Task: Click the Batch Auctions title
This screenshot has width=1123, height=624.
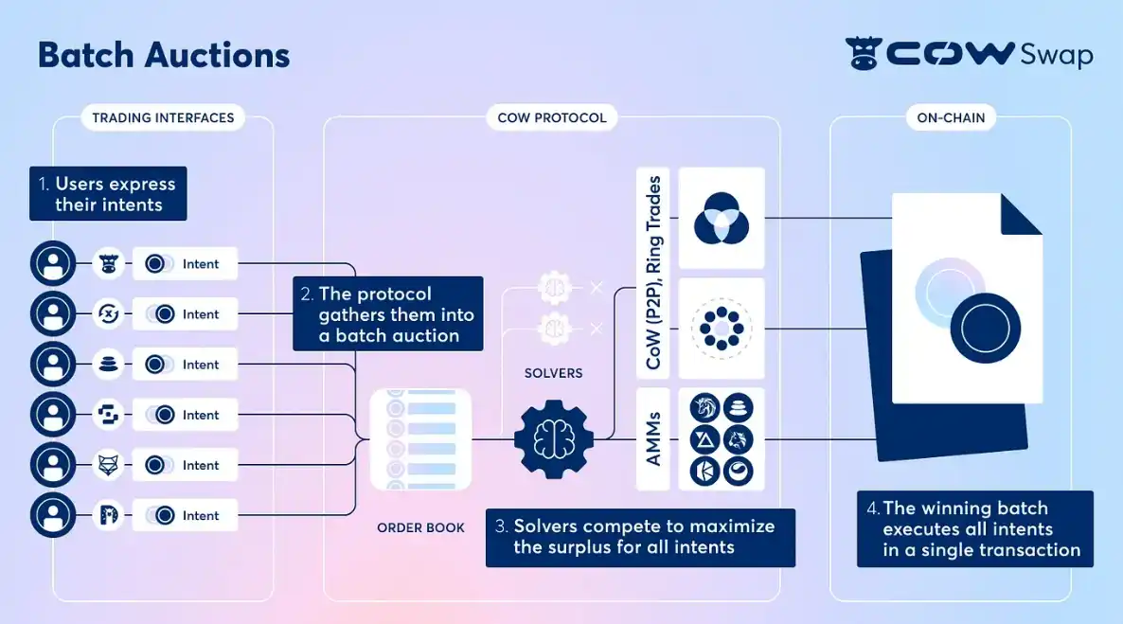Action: tap(164, 55)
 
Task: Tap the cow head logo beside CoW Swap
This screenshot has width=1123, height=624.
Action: tap(863, 54)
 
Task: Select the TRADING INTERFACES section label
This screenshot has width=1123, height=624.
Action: tap(163, 118)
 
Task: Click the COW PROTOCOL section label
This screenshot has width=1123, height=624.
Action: tap(552, 118)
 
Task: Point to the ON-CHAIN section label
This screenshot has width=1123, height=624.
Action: tap(951, 118)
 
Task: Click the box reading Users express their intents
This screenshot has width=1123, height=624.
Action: tap(108, 194)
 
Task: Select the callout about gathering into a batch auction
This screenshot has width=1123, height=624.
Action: tap(388, 314)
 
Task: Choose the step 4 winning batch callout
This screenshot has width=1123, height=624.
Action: tap(974, 528)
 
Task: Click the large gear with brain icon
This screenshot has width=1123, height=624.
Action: tap(554, 438)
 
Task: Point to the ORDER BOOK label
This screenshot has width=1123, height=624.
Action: tap(420, 527)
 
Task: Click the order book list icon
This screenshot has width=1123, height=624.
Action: tap(420, 438)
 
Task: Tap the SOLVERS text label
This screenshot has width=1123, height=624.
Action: tap(553, 373)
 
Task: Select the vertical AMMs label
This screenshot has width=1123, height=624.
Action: tap(653, 438)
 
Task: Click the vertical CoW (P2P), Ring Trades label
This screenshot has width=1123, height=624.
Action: tap(653, 273)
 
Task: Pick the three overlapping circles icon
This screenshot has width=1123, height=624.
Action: tap(722, 218)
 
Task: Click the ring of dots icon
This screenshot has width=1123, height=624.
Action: tap(722, 329)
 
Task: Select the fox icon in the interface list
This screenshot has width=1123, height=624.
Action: tap(109, 465)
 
